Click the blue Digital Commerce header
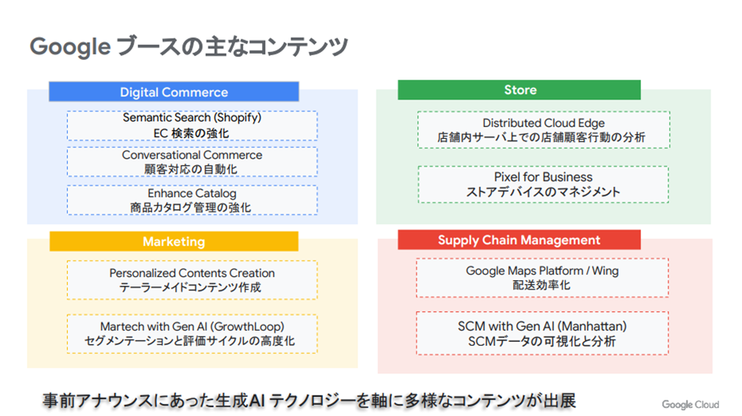[174, 92]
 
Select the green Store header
[519, 90]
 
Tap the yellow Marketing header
[174, 242]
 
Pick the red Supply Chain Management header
[519, 240]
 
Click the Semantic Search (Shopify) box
[192, 126]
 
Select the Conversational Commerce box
[192, 162]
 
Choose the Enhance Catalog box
[192, 200]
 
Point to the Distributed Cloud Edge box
[543, 129]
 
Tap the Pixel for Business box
[543, 184]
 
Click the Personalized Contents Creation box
[192, 280]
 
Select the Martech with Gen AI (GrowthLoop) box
[192, 334]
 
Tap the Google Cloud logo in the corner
[690, 404]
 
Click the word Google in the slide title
[69, 47]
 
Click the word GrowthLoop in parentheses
[249, 326]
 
